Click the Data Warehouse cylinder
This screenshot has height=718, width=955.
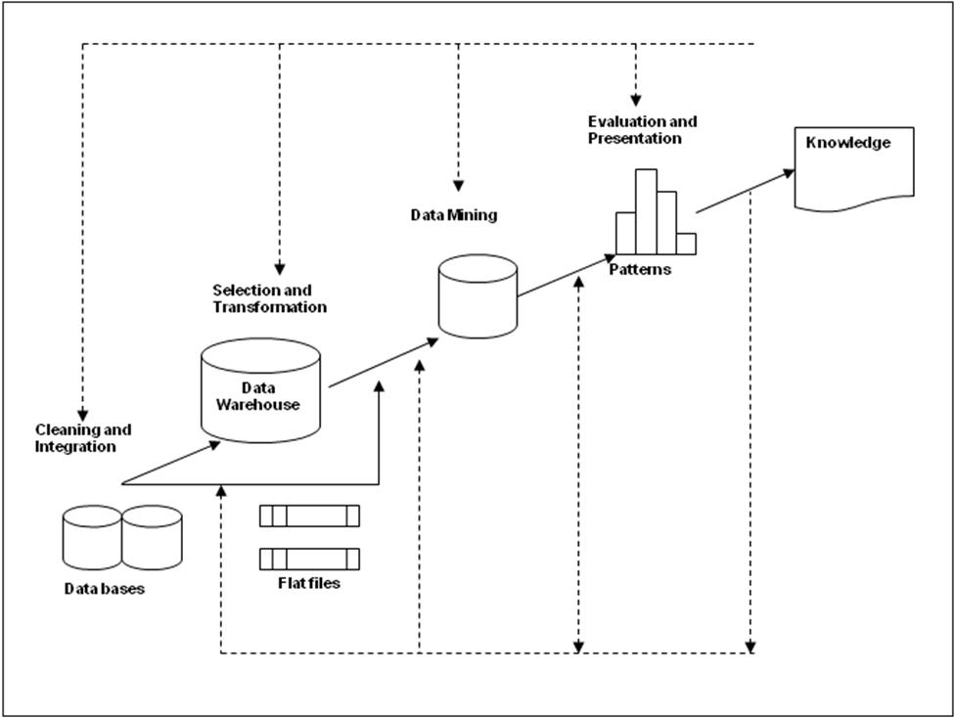[260, 390]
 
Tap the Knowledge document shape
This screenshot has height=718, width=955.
[854, 167]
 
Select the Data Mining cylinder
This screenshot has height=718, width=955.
[477, 296]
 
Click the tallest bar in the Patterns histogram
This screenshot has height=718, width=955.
[646, 211]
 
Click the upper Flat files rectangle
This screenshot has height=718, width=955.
[309, 516]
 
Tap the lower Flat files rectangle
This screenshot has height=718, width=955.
[309, 559]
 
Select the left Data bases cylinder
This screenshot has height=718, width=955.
[92, 538]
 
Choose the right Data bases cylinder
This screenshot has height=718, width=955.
[153, 537]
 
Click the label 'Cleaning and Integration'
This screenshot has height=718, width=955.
[83, 438]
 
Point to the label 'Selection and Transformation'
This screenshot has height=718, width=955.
[269, 298]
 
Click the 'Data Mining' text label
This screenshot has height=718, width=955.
[453, 215]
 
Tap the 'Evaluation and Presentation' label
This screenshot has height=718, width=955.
[642, 130]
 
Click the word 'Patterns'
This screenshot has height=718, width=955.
[640, 269]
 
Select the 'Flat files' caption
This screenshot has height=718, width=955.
[309, 585]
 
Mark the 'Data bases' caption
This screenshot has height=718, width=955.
[105, 589]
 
